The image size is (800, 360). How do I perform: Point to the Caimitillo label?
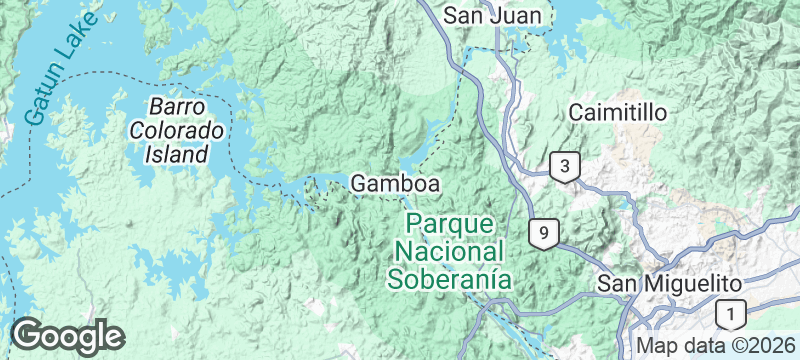coord(617,112)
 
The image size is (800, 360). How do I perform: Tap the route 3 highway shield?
coord(565,167)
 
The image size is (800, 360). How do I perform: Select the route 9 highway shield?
coord(543,233)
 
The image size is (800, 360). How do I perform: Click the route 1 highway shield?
coord(731,315)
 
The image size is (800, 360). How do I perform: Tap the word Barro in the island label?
coord(176,106)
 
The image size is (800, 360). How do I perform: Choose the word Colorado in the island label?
coord(177,131)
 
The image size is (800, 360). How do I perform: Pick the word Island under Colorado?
coord(176,155)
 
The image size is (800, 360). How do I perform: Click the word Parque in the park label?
coord(449,222)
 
